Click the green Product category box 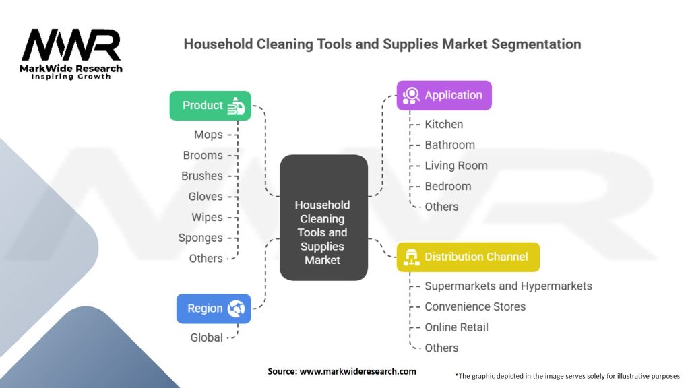tap(210, 106)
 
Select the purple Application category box tap(444, 95)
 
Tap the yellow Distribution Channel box tap(468, 257)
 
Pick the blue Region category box tap(213, 309)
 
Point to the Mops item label tap(208, 135)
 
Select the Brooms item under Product tap(203, 155)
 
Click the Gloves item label tap(205, 197)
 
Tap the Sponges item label tap(200, 238)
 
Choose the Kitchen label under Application tap(443, 124)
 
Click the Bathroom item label tap(449, 145)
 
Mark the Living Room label tap(456, 166)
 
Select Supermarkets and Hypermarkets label tap(508, 286)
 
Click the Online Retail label tap(456, 327)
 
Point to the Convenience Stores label tap(475, 306)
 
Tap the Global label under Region tap(206, 337)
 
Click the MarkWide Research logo tap(71, 54)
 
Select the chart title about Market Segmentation tap(382, 44)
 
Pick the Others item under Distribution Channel tap(441, 348)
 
